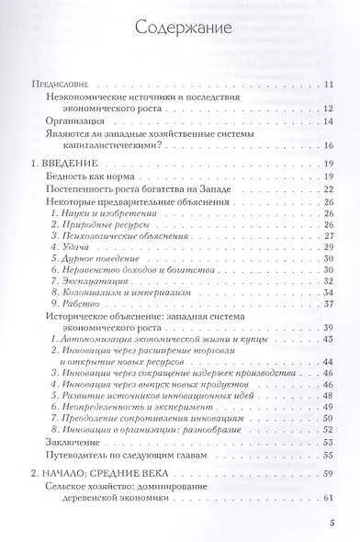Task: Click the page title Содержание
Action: point(179,28)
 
